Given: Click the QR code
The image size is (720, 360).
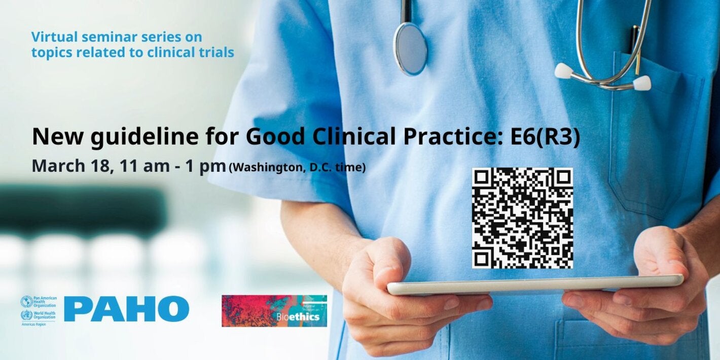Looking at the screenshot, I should tap(522, 218).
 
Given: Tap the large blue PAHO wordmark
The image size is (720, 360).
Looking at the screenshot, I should tap(126, 309).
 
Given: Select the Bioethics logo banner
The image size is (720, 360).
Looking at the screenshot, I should tap(274, 311).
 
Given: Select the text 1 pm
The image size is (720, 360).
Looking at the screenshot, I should tap(205, 166).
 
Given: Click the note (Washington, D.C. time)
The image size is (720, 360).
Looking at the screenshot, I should tap(297, 167).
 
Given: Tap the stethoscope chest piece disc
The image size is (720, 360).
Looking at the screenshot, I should tap(411, 48).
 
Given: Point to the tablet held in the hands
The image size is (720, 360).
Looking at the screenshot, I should tap(535, 284).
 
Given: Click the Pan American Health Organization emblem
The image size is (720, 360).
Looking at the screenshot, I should tap(26, 302).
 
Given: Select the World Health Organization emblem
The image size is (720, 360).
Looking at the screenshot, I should tap(26, 315).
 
